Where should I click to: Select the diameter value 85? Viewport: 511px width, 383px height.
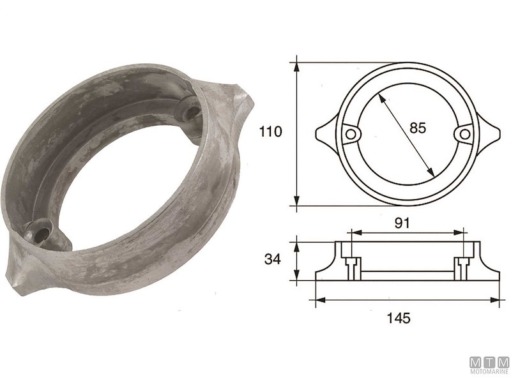pyautogui.click(x=417, y=128)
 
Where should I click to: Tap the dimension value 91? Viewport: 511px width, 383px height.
pyautogui.click(x=402, y=223)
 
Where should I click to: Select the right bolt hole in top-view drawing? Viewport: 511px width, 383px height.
pyautogui.click(x=464, y=133)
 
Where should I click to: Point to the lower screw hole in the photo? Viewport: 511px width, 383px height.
pyautogui.click(x=43, y=234)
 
